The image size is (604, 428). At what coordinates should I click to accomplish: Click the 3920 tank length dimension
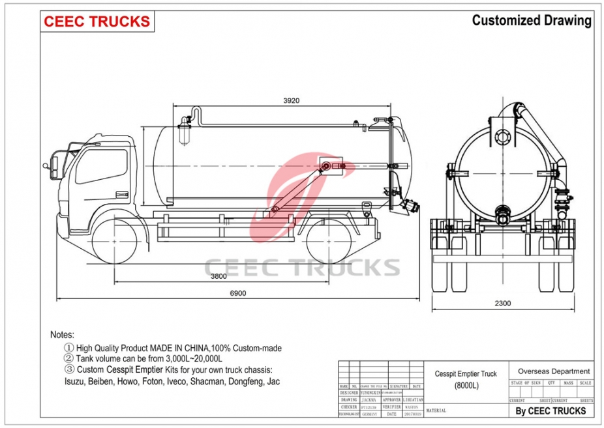[x=291, y=100]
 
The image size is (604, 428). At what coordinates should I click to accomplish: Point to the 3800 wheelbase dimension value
[x=219, y=276]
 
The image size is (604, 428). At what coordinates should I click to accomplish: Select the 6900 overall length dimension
[x=238, y=294]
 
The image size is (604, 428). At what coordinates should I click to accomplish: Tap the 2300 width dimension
[x=502, y=303]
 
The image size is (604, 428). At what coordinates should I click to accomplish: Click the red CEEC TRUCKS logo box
[x=97, y=21]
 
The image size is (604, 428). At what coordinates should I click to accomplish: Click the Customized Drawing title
[x=531, y=20]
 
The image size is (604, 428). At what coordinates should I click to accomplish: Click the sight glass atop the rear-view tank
[x=502, y=137]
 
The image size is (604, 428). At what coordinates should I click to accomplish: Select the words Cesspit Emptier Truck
[x=466, y=374]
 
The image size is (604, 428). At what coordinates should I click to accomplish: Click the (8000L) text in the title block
[x=466, y=386]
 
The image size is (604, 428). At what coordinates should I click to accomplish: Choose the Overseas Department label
[x=553, y=371]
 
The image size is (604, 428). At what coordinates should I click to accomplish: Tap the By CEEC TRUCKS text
[x=551, y=410]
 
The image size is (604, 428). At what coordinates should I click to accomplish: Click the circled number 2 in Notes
[x=68, y=358]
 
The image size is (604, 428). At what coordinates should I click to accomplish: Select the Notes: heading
[x=63, y=334]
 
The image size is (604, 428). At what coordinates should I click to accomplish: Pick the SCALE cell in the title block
[x=585, y=383]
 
